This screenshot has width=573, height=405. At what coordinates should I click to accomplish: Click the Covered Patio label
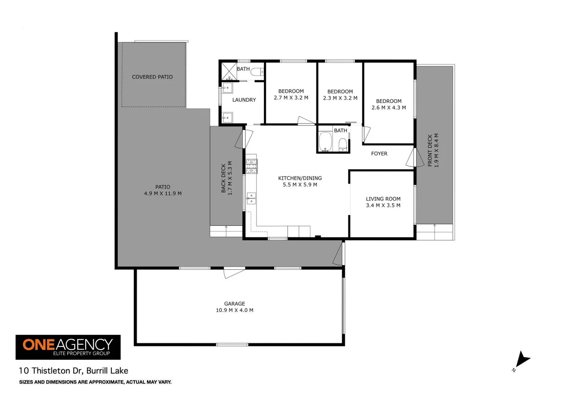click(152, 77)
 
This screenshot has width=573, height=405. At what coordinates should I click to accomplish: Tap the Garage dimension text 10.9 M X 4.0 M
click(234, 310)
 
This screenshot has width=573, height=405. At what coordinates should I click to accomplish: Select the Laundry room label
click(244, 100)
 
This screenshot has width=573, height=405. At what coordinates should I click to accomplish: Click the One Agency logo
click(68, 347)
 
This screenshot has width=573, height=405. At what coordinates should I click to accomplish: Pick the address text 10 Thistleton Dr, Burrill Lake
click(73, 370)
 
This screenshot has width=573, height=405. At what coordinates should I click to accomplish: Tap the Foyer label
click(379, 153)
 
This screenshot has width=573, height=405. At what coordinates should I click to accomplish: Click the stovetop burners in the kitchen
click(251, 166)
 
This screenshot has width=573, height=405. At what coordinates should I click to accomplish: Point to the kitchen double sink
click(251, 198)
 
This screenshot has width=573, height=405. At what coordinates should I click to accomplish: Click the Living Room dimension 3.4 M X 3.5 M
click(383, 205)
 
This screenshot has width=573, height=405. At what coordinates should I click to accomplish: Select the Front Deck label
click(430, 150)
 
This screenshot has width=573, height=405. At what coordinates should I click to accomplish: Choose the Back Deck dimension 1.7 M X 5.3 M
click(230, 178)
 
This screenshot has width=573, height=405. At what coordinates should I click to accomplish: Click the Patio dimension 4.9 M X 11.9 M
click(162, 193)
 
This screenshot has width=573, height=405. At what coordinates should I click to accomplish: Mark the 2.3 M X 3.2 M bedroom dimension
click(340, 98)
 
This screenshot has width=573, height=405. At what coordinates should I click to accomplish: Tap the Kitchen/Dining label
click(300, 178)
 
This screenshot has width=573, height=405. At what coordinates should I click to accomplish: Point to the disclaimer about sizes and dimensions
click(95, 382)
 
